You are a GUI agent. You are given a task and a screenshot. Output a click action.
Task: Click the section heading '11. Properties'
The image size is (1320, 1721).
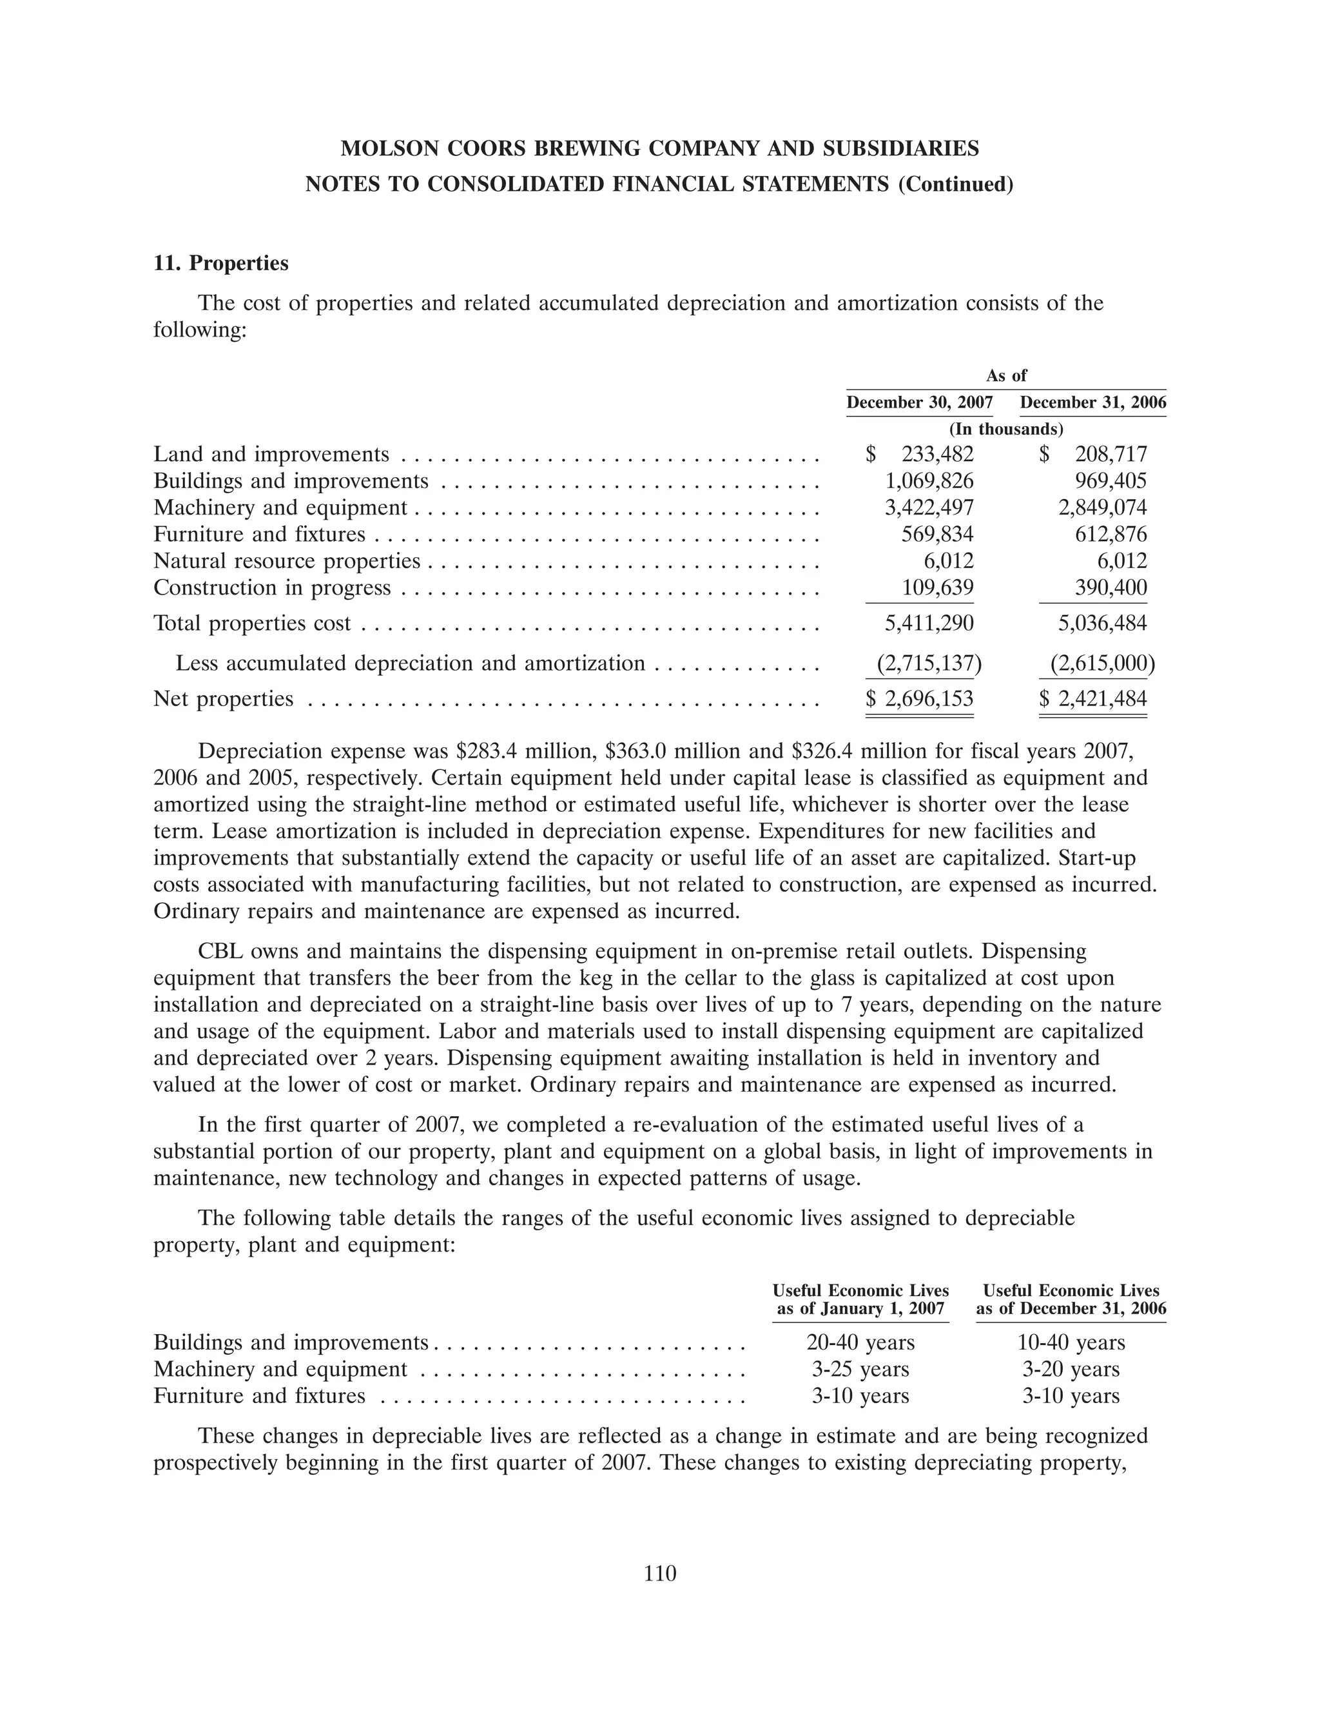[x=221, y=263]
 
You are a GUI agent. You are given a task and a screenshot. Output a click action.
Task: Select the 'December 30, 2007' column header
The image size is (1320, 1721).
[x=919, y=403]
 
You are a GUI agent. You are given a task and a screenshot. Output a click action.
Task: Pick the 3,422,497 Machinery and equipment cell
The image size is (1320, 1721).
[x=929, y=507]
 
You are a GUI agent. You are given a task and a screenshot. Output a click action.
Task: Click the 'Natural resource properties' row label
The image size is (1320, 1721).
[x=287, y=561]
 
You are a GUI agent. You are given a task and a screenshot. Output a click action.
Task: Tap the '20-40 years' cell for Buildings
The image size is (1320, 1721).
[x=861, y=1342]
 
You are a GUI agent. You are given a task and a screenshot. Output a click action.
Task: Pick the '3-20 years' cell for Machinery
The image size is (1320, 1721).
[x=1071, y=1369]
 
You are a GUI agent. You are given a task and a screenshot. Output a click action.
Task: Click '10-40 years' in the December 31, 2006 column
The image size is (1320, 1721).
[x=1071, y=1342]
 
